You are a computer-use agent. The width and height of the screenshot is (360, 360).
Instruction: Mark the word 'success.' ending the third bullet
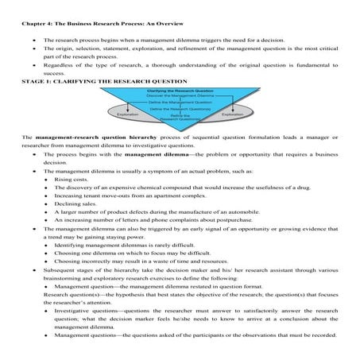pos(53,72)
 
